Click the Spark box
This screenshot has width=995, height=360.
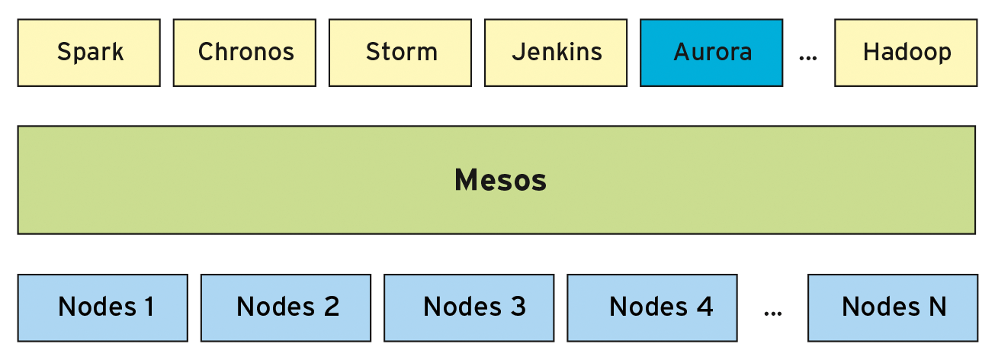point(89,53)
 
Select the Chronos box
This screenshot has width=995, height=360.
point(245,53)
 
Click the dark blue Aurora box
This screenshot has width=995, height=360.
point(711,53)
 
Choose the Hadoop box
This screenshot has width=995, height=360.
point(906,53)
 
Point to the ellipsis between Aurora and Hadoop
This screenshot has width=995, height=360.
point(808,57)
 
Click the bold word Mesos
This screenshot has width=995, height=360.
point(500,181)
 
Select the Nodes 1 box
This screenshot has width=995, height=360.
point(103,307)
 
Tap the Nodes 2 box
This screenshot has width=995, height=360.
point(286,307)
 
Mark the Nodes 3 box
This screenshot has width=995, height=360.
point(469,307)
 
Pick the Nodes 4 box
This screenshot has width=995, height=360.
point(652,307)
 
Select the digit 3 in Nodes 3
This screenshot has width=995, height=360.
point(517,307)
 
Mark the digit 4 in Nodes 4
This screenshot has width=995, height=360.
point(704,307)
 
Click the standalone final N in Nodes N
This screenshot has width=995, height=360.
point(936,307)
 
